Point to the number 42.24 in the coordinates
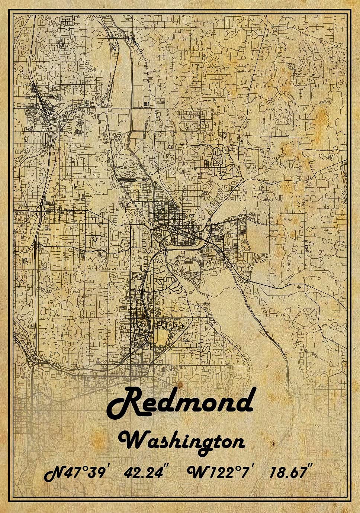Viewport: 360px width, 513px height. point(143,473)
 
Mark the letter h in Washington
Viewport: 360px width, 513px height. point(177,440)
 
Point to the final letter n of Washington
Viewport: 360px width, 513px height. point(238,442)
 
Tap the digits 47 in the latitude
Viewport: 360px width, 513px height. point(74,473)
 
